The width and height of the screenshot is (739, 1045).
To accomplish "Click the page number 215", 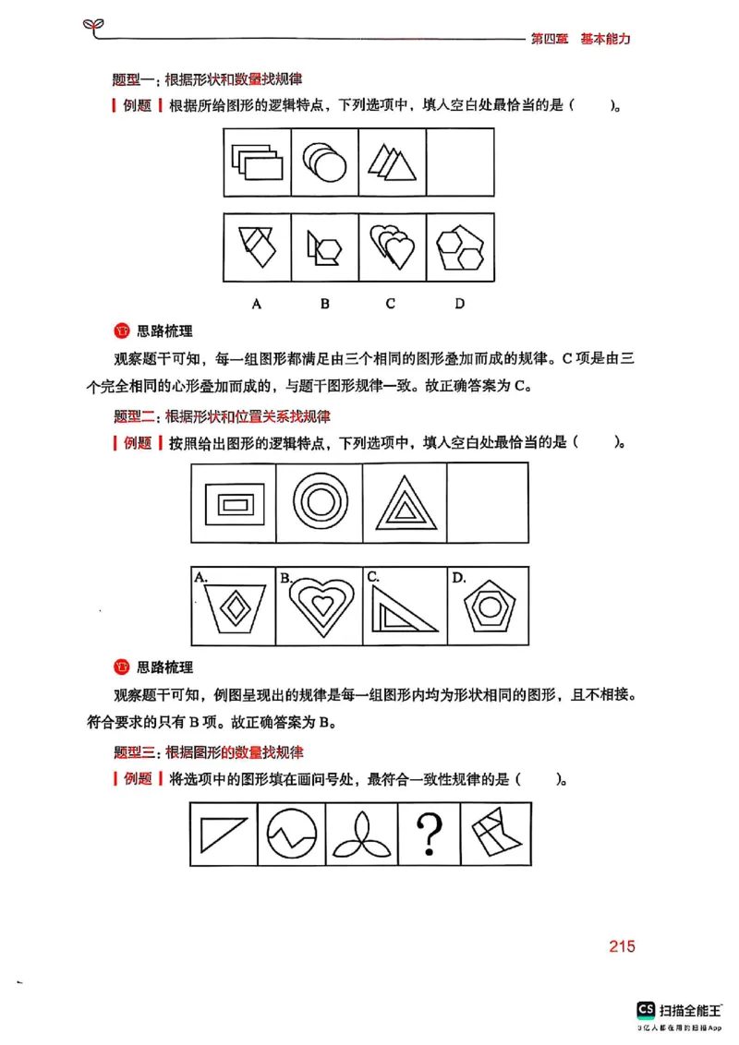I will [x=622, y=947].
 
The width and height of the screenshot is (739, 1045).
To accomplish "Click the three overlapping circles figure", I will [x=325, y=162].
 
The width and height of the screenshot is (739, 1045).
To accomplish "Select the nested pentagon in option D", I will [x=486, y=607].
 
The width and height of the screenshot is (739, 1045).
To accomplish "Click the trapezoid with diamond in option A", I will [x=236, y=607].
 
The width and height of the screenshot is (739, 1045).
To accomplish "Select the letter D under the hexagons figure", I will [x=459, y=304].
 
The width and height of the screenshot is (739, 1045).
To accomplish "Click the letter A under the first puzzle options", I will [x=256, y=304].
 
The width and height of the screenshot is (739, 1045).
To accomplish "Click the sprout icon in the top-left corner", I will [x=92, y=23].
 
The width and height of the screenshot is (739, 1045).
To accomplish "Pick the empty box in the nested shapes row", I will [x=487, y=502].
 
